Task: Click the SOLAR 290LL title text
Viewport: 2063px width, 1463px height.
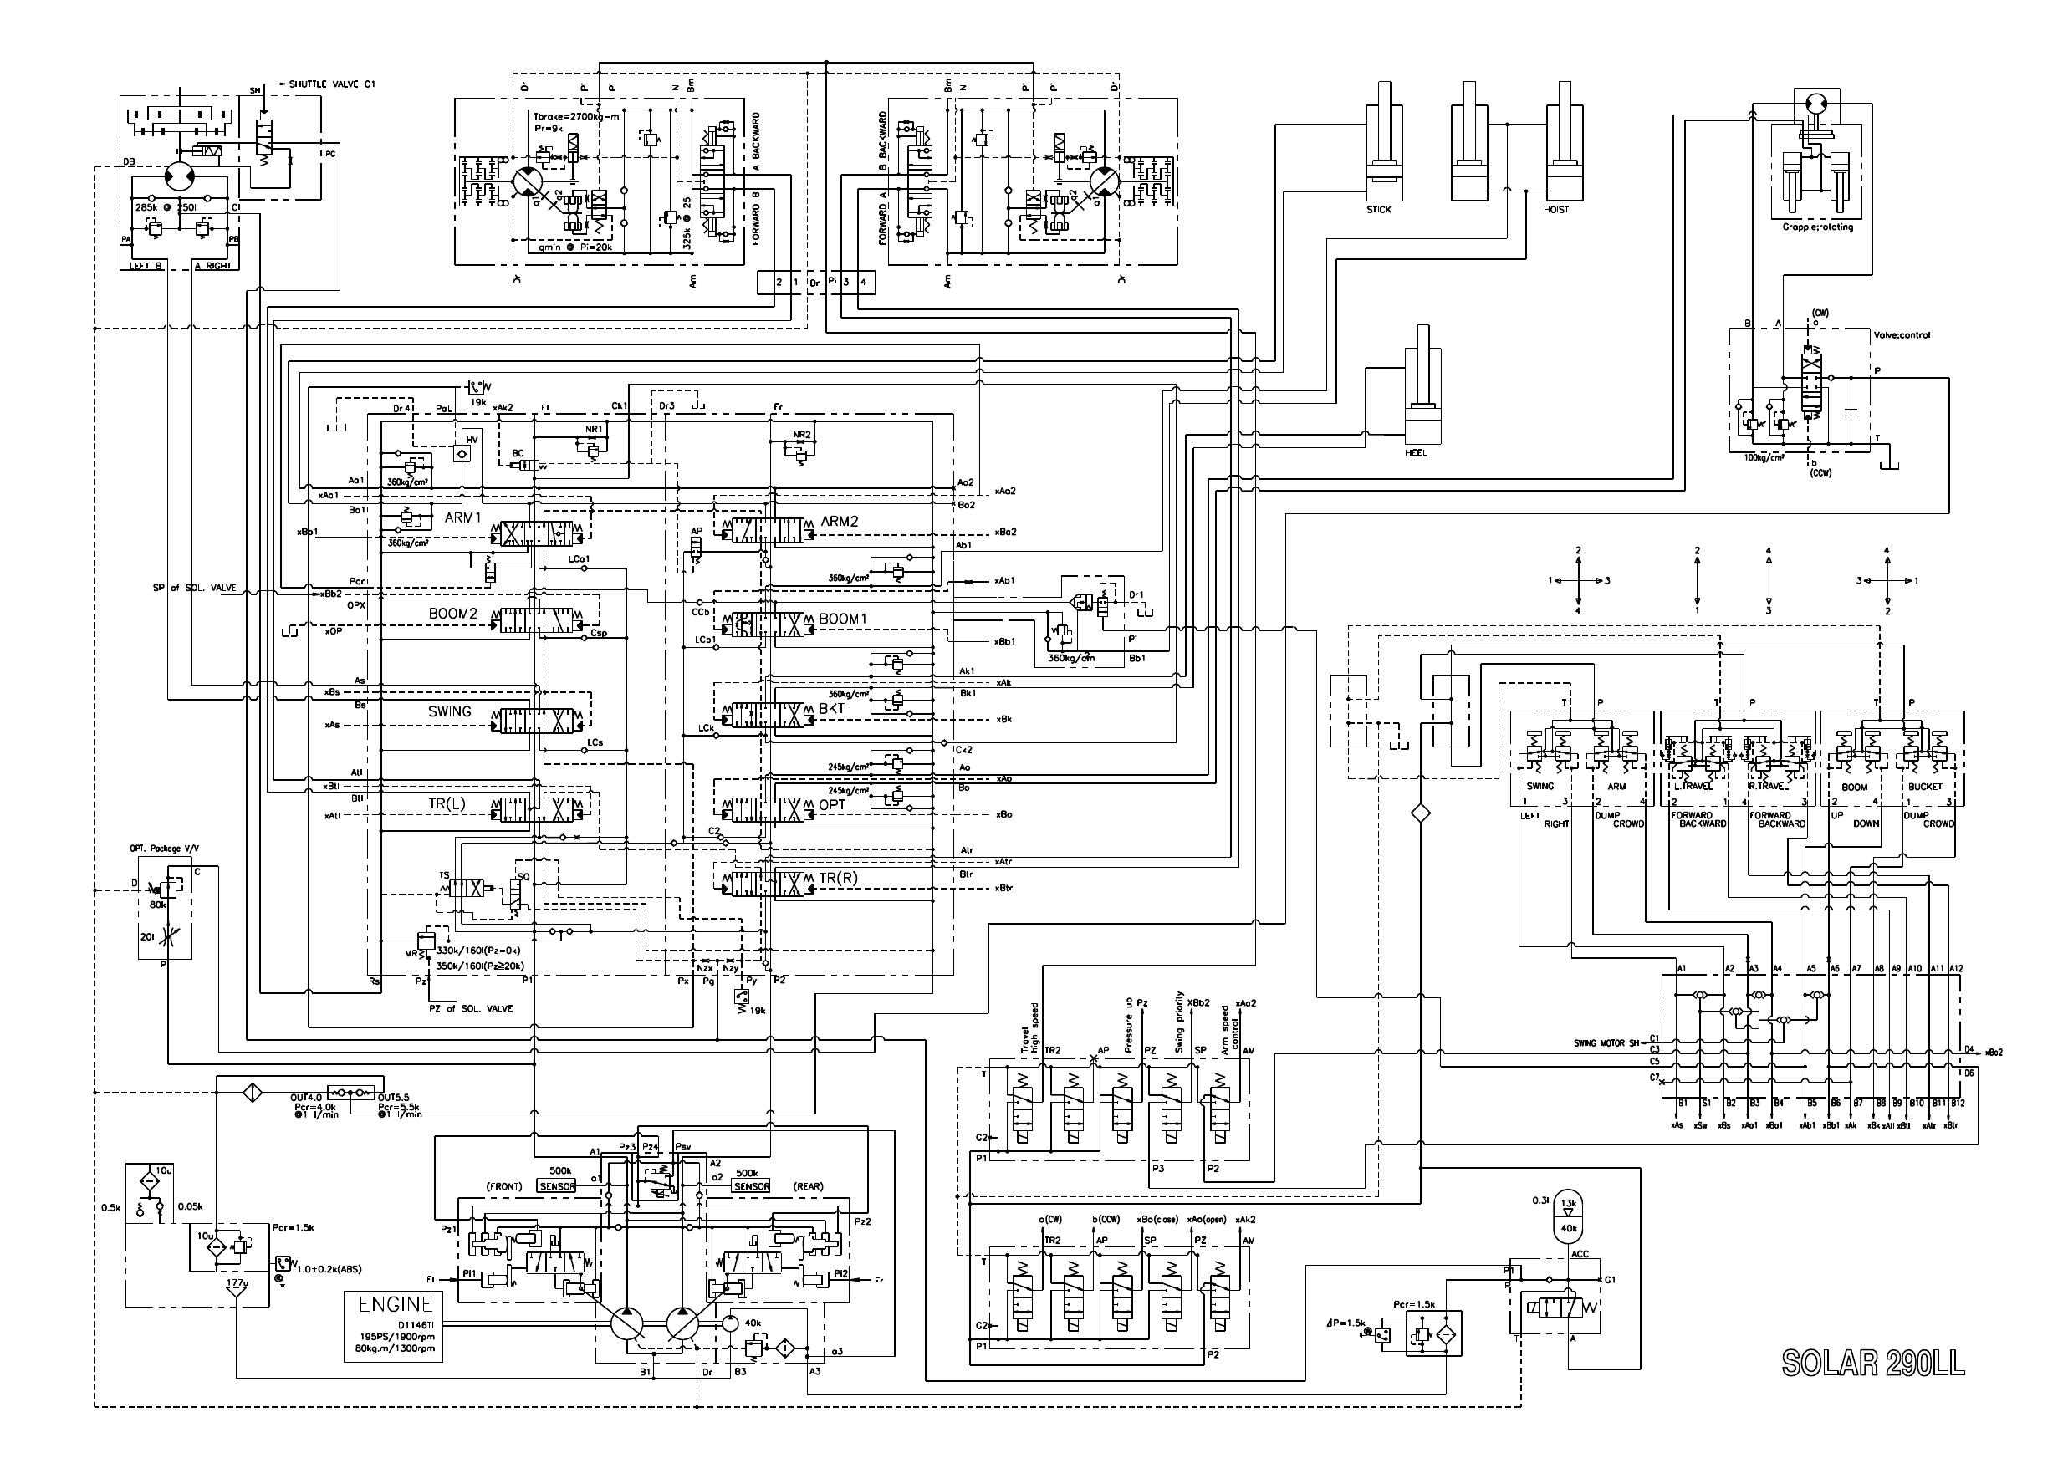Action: coord(1873,1363)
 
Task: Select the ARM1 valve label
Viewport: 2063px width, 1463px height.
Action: coord(464,518)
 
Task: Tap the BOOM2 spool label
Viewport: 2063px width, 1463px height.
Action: coord(452,614)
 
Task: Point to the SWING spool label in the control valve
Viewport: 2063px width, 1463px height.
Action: coord(450,711)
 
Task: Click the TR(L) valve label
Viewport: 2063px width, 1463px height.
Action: coord(447,803)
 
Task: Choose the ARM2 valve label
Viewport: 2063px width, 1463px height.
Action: coord(840,521)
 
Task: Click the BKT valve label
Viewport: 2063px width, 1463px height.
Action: coord(831,709)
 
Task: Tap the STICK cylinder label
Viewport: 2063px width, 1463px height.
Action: coord(1378,210)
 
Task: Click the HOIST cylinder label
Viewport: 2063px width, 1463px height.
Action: coord(1555,210)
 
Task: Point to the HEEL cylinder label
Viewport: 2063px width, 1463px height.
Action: coord(1417,452)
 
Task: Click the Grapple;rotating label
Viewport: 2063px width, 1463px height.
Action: coord(1818,227)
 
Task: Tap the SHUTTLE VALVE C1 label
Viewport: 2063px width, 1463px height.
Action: coord(331,84)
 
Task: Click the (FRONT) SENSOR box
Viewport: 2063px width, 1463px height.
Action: coord(557,1186)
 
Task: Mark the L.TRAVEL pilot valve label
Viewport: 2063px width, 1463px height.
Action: coord(1692,787)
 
